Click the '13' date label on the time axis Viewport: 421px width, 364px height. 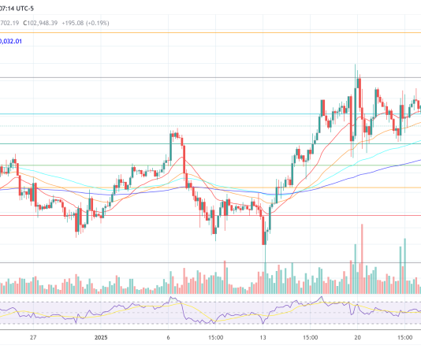point(264,336)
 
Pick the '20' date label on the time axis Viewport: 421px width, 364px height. point(357,336)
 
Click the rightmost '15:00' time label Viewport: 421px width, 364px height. point(404,336)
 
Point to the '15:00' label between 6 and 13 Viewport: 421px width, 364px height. point(216,336)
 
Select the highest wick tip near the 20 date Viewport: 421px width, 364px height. point(356,66)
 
